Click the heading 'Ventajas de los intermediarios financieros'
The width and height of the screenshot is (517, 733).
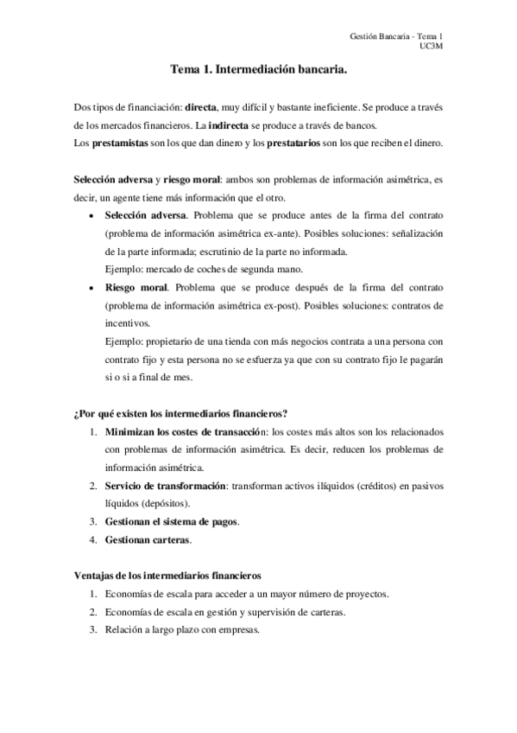[164, 576]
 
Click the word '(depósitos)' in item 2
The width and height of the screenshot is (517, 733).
[163, 503]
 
